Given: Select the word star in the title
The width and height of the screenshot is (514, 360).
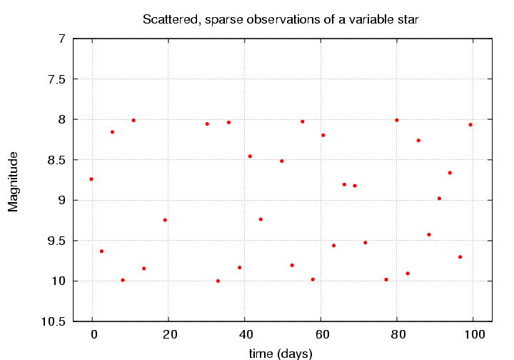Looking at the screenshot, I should click(418, 19).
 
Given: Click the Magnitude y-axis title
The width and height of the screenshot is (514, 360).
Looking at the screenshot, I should click(13, 181).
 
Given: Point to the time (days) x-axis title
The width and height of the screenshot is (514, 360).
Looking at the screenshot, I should click(281, 352).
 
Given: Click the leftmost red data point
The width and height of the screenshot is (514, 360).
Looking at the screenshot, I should click(91, 179).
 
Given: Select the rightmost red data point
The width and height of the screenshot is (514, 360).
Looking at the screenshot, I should click(470, 125).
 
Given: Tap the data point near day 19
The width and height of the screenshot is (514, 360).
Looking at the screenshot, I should click(165, 220).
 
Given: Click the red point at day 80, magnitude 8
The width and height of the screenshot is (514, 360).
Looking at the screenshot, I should click(397, 120).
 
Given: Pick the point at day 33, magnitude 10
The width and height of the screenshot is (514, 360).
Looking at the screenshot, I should click(218, 281).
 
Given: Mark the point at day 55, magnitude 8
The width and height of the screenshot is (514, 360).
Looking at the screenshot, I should click(303, 121).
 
